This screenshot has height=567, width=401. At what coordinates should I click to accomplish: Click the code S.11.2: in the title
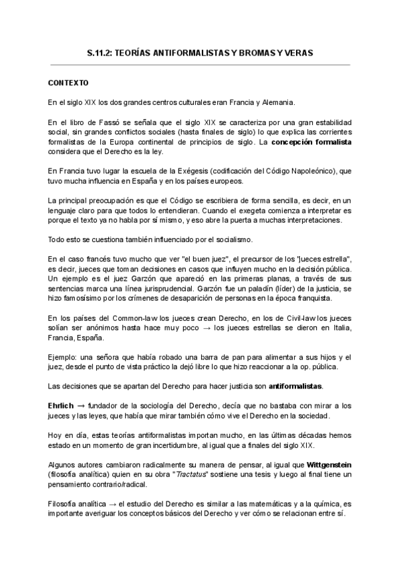pos(102,51)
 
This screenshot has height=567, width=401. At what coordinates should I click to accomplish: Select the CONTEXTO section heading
pos(68,84)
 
